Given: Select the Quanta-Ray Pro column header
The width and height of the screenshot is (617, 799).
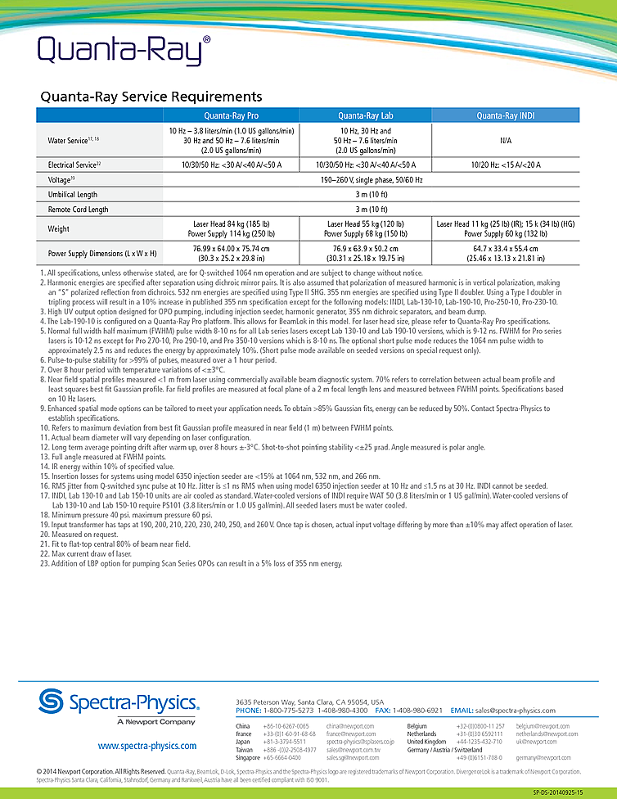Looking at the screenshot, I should point(232,115).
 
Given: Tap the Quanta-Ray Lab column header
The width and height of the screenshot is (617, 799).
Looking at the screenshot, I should point(365,115).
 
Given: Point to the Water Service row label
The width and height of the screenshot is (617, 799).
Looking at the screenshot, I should point(70,141).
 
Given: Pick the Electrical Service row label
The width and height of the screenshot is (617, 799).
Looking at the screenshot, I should point(74,165).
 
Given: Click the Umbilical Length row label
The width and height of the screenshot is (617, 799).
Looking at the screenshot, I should point(73,194).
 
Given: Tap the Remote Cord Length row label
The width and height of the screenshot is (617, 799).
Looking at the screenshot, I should point(78,209).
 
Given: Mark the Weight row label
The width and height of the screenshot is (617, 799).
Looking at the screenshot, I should point(59,229).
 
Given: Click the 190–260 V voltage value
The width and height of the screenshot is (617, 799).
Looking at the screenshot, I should point(366,179).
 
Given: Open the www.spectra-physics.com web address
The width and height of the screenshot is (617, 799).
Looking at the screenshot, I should point(146,746).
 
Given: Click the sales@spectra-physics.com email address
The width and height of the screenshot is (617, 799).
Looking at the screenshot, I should point(515,711).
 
